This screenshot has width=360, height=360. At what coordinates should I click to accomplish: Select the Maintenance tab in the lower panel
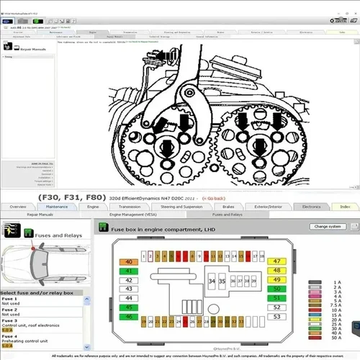[56, 207]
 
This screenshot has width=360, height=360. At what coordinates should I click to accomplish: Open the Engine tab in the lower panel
[93, 207]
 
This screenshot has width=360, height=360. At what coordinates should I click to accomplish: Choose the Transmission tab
[130, 207]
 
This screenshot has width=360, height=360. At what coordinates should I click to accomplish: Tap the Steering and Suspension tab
[181, 207]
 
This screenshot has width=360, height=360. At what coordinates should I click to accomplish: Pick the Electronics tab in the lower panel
[311, 207]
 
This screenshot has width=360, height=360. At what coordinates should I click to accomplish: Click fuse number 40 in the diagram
[128, 261]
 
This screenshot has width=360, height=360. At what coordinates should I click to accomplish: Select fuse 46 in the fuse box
[128, 315]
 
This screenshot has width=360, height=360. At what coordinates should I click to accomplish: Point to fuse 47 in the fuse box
[277, 261]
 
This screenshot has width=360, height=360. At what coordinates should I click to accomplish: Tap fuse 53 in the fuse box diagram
[277, 315]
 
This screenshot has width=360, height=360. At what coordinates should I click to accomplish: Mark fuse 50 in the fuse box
[277, 288]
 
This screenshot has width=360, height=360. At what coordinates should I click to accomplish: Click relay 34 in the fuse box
[211, 281]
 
